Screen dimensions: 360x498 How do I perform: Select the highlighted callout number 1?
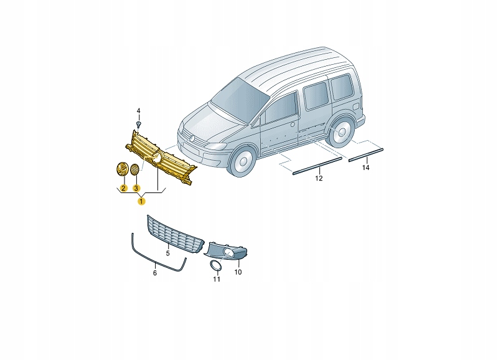click(x=142, y=201)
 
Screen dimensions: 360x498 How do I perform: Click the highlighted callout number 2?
click(x=123, y=187)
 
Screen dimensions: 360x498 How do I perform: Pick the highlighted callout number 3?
click(x=136, y=187)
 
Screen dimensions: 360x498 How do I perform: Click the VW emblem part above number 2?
click(x=123, y=169)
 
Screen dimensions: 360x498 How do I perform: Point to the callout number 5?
click(x=167, y=254)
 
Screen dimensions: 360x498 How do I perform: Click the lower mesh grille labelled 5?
click(x=174, y=235)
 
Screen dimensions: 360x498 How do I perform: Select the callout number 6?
click(x=155, y=272)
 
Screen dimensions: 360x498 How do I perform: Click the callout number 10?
click(x=238, y=272)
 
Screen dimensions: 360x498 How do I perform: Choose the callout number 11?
click(x=217, y=279)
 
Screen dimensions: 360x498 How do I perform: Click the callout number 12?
click(x=318, y=179)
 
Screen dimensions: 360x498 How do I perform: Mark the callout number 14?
click(x=365, y=168)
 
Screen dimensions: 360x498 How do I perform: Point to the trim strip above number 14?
click(x=367, y=154)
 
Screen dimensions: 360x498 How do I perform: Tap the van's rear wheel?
click(x=341, y=134)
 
